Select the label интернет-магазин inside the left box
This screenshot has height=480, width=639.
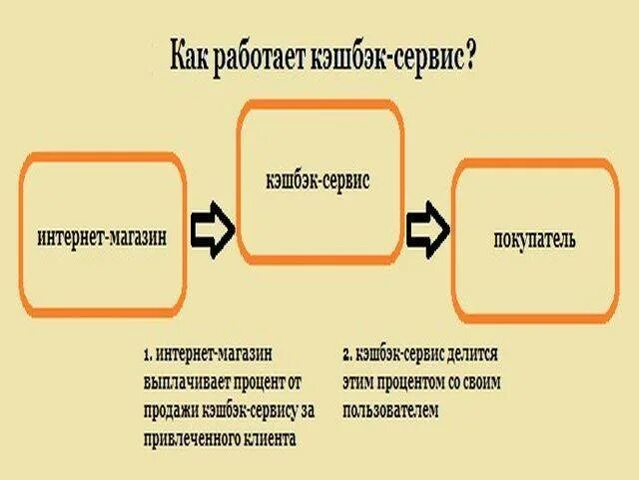(101, 237)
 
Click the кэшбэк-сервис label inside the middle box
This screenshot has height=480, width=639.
(319, 181)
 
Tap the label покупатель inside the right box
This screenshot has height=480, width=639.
(534, 240)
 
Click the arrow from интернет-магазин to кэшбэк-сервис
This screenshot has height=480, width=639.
(212, 229)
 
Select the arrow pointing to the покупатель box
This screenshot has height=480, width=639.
(427, 229)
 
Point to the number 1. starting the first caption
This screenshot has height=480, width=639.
(147, 354)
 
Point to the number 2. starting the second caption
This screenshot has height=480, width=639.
(346, 354)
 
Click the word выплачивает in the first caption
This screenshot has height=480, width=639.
(184, 382)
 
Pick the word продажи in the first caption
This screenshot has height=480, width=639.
(169, 410)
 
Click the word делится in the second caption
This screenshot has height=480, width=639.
(476, 354)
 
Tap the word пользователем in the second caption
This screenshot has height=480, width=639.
(390, 410)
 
